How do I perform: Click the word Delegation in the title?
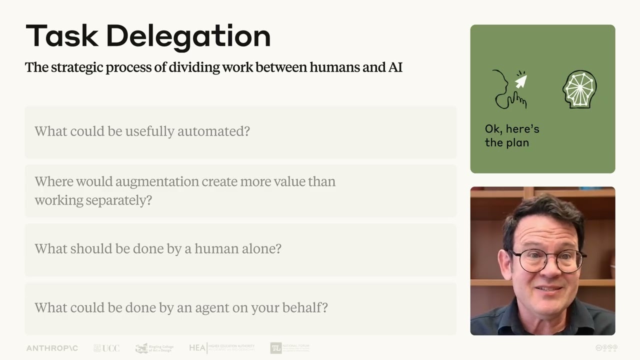pyautogui.click(x=188, y=36)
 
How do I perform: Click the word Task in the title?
pyautogui.click(x=62, y=36)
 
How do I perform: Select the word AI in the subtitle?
pyautogui.click(x=395, y=67)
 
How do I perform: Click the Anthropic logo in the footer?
pyautogui.click(x=52, y=348)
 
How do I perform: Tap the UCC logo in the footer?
pyautogui.click(x=106, y=348)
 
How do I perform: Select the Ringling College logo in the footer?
pyautogui.click(x=154, y=348)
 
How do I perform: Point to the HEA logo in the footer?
pyautogui.click(x=221, y=347)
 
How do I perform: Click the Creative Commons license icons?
pyautogui.click(x=606, y=347)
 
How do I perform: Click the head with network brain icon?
pyautogui.click(x=579, y=89)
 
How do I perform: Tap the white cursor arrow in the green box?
pyautogui.click(x=521, y=81)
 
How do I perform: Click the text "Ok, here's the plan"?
pyautogui.click(x=511, y=135)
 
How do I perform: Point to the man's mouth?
pyautogui.click(x=548, y=288)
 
